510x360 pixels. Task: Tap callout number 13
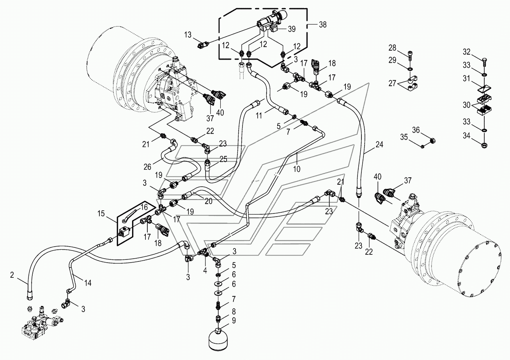tap(188, 35)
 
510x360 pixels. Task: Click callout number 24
tap(379, 145)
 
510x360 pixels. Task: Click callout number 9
tap(234, 322)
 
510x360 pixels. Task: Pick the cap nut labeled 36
tap(432, 140)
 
